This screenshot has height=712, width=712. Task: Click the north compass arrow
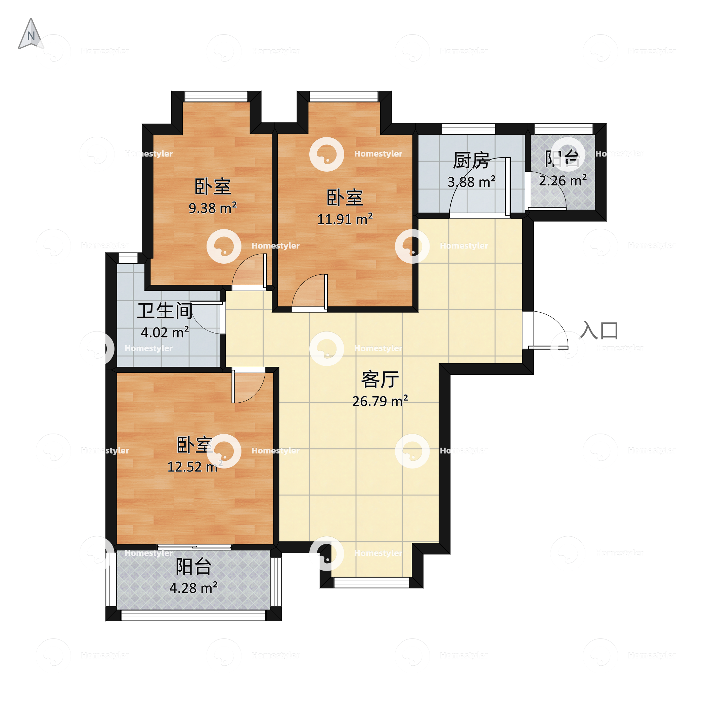pyautogui.click(x=31, y=34)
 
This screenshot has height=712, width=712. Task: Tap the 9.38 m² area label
pyautogui.click(x=213, y=208)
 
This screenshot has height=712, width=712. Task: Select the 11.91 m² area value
pyautogui.click(x=345, y=219)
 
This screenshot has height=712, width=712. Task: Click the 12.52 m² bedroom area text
pyautogui.click(x=192, y=467)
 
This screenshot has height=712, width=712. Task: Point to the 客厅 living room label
pyautogui.click(x=380, y=380)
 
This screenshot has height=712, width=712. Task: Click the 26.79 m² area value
pyautogui.click(x=380, y=401)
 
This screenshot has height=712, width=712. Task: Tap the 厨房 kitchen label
pyautogui.click(x=471, y=161)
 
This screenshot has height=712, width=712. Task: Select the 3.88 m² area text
pyautogui.click(x=471, y=182)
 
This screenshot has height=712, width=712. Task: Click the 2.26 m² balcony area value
pyautogui.click(x=563, y=181)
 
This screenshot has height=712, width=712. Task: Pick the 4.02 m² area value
pyautogui.click(x=165, y=332)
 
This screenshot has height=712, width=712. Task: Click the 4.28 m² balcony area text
pyautogui.click(x=193, y=588)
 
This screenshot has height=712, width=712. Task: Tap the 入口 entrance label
pyautogui.click(x=599, y=330)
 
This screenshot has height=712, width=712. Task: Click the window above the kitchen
pyautogui.click(x=469, y=129)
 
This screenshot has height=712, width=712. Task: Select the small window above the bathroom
pyautogui.click(x=128, y=258)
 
